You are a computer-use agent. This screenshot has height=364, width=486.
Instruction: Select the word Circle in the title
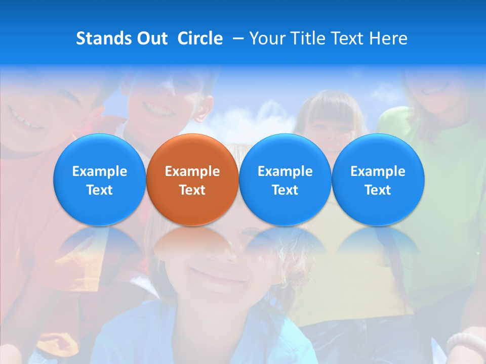click(200, 38)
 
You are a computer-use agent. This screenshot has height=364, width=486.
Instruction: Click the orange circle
click(192, 180)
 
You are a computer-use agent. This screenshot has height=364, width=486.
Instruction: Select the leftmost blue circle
click(100, 180)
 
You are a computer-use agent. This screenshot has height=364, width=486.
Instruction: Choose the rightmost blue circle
click(378, 180)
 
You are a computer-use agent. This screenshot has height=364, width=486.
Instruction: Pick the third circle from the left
click(285, 180)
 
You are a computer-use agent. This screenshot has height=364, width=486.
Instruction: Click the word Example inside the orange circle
click(192, 171)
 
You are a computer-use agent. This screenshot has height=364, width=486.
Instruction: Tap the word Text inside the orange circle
click(192, 190)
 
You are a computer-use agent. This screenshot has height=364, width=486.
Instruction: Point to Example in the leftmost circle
click(100, 171)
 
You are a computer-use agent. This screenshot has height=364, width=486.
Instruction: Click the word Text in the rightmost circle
click(378, 190)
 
